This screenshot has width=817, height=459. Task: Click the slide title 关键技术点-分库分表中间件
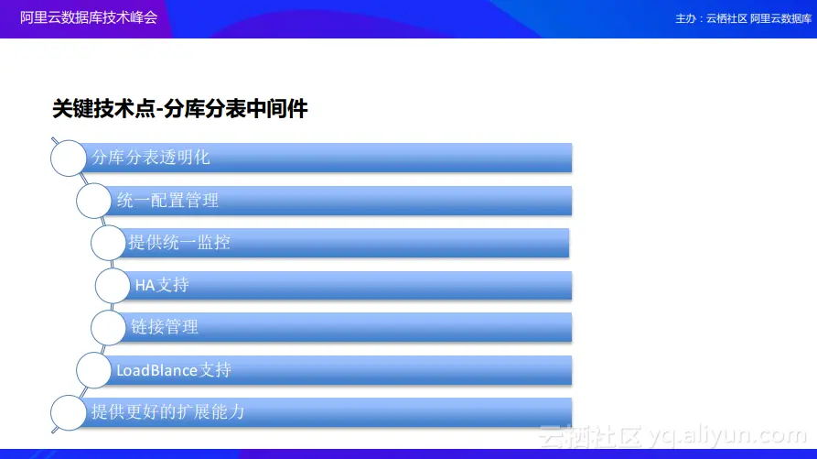pyautogui.click(x=179, y=109)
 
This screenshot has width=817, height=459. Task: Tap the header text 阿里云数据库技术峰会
pyautogui.click(x=89, y=17)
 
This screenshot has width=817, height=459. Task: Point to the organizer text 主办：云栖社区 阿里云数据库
pyautogui.click(x=743, y=18)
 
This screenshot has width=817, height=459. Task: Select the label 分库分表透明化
pyautogui.click(x=151, y=157)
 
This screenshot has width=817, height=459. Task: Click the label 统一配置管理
pyautogui.click(x=167, y=201)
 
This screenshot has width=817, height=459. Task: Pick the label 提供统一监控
pyautogui.click(x=179, y=242)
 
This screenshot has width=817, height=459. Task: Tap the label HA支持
pyautogui.click(x=162, y=285)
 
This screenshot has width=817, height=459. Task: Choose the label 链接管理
pyautogui.click(x=164, y=327)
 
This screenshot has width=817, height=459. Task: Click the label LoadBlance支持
pyautogui.click(x=174, y=370)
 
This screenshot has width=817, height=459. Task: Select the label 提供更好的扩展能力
pyautogui.click(x=167, y=412)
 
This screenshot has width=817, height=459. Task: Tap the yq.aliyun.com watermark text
pyautogui.click(x=728, y=435)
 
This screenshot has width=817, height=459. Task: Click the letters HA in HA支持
pyautogui.click(x=145, y=285)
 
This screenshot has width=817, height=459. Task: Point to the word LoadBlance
pyautogui.click(x=156, y=370)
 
